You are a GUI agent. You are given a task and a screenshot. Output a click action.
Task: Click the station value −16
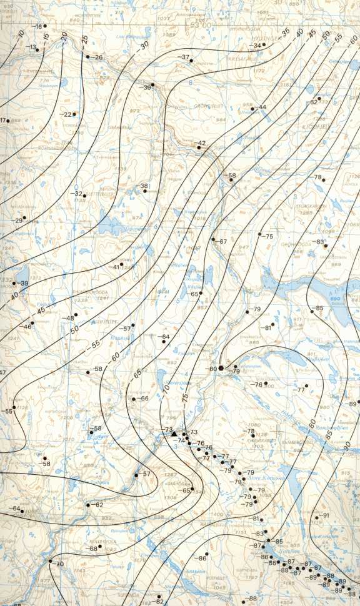pos(38,26)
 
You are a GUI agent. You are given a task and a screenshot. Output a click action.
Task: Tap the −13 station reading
pos(31,47)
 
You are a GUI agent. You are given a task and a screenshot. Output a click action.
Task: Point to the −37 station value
pos(184,57)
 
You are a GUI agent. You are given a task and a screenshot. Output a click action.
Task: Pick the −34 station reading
pos(255,46)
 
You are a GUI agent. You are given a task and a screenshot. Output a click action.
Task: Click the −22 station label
pos(66,114)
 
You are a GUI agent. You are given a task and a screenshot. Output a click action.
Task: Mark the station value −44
pos(261,107)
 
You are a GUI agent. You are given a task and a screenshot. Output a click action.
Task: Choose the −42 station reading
pos(201,144)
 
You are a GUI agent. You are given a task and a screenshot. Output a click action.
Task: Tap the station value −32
pos(78,194)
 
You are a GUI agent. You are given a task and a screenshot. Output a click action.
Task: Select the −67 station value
pos(221,241)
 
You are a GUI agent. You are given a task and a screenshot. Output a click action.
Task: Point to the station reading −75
pos(269,237)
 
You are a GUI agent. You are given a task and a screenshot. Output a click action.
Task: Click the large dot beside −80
pos(221,369)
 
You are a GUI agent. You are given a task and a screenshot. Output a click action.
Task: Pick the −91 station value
pos(325,515)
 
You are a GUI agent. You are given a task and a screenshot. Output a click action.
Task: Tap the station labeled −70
pos(59,564)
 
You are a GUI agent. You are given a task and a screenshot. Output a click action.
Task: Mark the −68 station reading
pos(92,549)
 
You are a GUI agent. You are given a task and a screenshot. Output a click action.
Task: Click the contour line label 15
pos(46,37)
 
